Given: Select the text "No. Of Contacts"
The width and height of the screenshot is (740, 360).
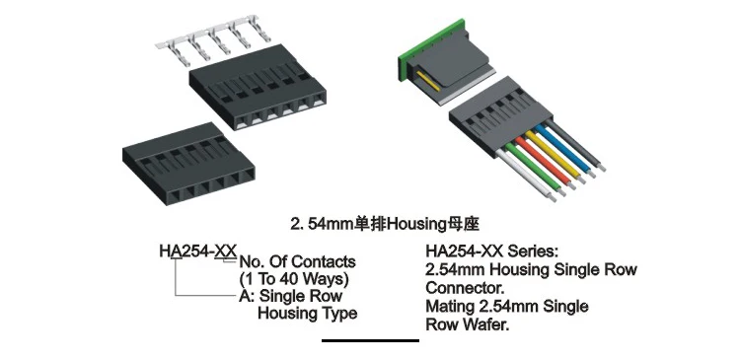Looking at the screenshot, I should coord(296,262).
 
